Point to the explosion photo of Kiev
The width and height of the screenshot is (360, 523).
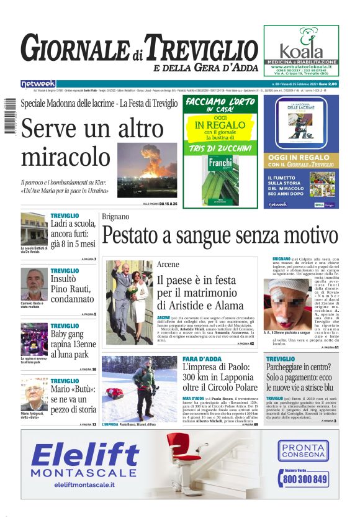click(x=147, y=170)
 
